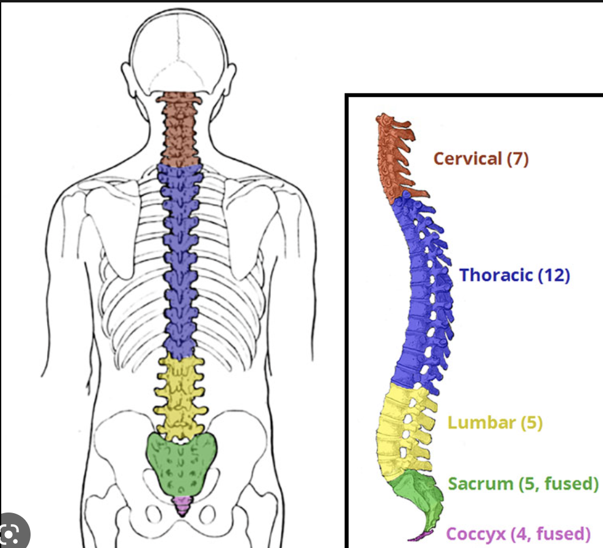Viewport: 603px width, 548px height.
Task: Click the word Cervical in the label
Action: click(x=468, y=159)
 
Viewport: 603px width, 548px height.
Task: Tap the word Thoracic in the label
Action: click(x=497, y=275)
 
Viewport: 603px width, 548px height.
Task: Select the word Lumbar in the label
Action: click(x=476, y=423)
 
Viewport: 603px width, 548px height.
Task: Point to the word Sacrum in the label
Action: click(x=481, y=484)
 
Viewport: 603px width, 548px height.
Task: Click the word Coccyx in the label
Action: click(x=475, y=534)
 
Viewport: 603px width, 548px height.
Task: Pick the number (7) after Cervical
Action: click(x=517, y=159)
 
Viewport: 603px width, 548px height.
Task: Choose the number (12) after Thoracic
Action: click(x=554, y=275)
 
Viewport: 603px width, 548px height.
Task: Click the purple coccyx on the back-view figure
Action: click(x=181, y=505)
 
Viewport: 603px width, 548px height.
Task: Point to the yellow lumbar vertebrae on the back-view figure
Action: click(x=179, y=391)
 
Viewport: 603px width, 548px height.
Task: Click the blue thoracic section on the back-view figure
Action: click(x=179, y=257)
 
